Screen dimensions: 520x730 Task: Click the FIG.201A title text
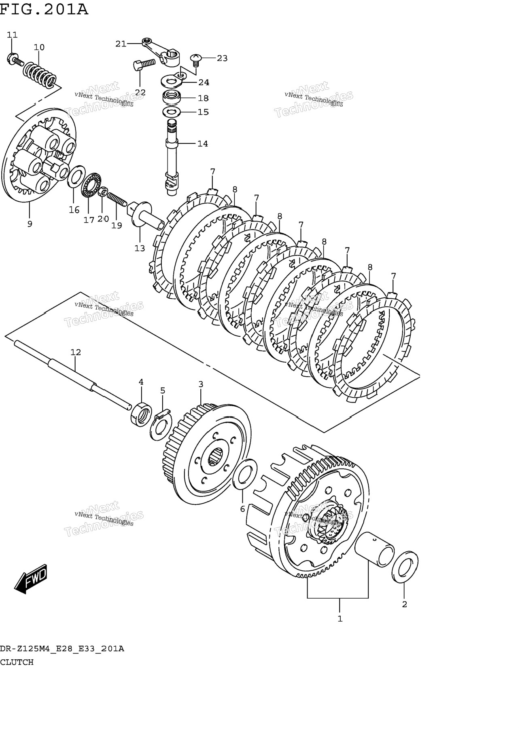click(x=44, y=8)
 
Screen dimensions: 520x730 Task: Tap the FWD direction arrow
click(x=31, y=578)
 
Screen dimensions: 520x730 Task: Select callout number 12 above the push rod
click(x=76, y=352)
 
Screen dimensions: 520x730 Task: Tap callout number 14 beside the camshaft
click(x=202, y=143)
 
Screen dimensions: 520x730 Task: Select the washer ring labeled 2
click(x=405, y=567)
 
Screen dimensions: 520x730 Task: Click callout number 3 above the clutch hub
click(x=201, y=384)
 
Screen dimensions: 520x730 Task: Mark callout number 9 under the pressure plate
click(x=30, y=224)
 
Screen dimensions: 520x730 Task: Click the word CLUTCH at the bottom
click(x=17, y=662)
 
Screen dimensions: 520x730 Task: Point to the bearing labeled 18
click(x=172, y=98)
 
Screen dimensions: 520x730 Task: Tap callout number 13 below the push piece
click(x=140, y=248)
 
